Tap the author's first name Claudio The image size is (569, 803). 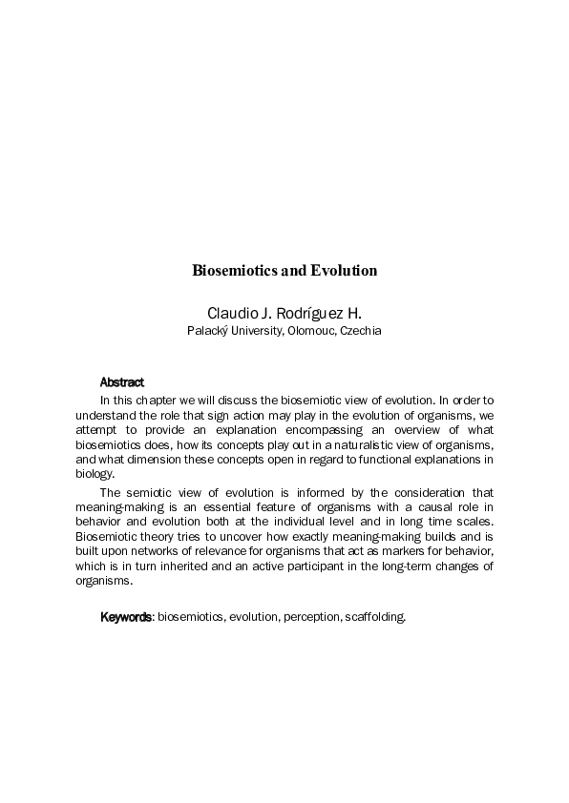tap(231, 314)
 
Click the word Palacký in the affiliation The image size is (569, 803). tap(205, 331)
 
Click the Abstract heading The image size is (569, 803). tap(122, 381)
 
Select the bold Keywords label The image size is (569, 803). tap(127, 617)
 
